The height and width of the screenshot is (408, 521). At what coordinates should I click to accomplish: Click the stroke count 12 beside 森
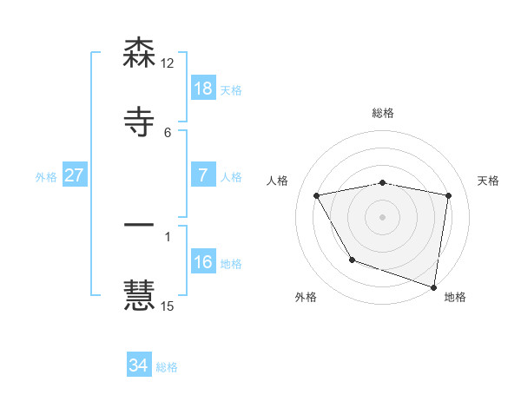click(x=168, y=63)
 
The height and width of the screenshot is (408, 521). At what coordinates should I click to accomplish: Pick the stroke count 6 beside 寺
click(x=168, y=132)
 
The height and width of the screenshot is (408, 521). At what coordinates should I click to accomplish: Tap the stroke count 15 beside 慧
click(x=168, y=305)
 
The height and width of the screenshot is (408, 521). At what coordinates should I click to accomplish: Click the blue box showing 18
click(x=202, y=89)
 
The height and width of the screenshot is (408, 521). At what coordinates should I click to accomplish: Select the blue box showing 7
click(x=202, y=175)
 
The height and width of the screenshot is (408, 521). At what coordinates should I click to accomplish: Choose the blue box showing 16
click(x=202, y=262)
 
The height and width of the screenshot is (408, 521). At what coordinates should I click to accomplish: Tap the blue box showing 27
click(x=74, y=175)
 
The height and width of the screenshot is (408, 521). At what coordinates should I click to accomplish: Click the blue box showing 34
click(x=139, y=365)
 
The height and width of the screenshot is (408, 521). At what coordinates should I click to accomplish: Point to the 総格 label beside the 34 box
click(x=167, y=367)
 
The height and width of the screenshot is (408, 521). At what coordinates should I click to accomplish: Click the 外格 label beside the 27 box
click(x=46, y=176)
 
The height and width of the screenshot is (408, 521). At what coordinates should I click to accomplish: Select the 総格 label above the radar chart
click(x=383, y=113)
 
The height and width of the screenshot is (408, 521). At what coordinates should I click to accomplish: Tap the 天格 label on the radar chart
click(x=489, y=181)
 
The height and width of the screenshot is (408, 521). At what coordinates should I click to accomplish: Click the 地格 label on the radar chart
click(x=455, y=297)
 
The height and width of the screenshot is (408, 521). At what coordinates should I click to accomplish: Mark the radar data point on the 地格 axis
click(x=434, y=286)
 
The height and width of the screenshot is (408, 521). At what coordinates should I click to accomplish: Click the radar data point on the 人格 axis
click(x=317, y=196)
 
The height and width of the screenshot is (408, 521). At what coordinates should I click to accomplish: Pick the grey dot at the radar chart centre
click(x=383, y=217)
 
